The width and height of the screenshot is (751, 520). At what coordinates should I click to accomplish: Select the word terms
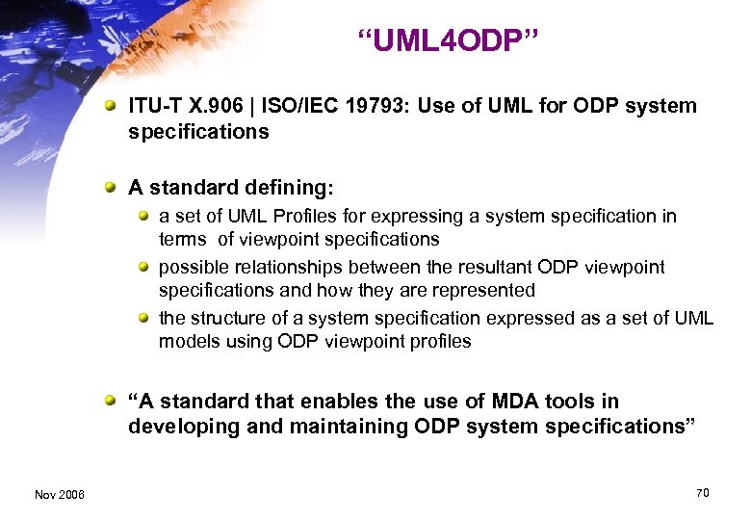(x=183, y=239)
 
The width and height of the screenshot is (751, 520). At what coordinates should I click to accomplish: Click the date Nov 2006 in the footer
(x=59, y=495)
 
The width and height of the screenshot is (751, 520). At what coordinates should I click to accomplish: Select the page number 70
(x=702, y=493)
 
